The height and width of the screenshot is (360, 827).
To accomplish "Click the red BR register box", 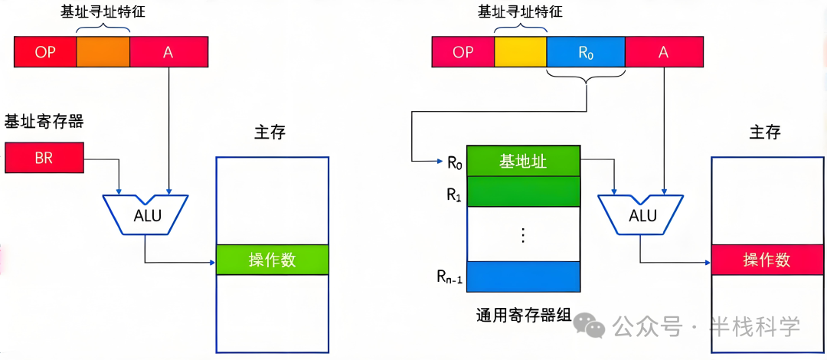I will point(43,158).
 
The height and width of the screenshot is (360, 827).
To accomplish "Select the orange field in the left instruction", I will point(103,51).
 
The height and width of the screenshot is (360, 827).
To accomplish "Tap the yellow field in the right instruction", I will point(521,51).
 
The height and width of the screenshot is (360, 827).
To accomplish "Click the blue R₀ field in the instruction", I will point(586,51).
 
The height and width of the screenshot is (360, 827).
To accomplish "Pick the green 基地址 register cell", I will point(523,162).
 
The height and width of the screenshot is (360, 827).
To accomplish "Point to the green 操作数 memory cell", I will point(272,260).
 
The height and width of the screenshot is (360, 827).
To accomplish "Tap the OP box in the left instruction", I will point(46,51).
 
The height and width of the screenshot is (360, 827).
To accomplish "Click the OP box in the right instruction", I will point(463,51).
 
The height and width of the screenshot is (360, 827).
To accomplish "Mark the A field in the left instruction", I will point(168,51).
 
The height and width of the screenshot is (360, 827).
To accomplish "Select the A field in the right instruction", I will point(663,51).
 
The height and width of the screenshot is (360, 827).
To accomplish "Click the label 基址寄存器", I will point(44,121).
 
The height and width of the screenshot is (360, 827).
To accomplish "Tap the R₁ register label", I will point(453,193).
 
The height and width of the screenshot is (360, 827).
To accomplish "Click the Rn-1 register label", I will point(449,277).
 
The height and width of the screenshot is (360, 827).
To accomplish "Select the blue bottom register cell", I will point(523,277).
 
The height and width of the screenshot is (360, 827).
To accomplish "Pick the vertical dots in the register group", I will point(523,234).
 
